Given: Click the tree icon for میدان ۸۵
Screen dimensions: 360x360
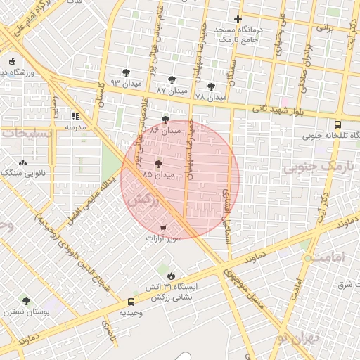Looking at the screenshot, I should pos(157,162).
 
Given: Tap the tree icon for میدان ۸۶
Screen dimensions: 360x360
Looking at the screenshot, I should pos(165,120).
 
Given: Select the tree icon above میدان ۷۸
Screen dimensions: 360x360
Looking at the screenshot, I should pos(211,86).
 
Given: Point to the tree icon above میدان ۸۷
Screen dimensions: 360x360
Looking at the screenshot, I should pos(172,80).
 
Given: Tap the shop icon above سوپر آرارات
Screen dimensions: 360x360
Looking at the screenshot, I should pos(163,228).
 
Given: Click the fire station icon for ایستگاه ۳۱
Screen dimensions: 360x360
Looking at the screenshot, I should pos(170,276).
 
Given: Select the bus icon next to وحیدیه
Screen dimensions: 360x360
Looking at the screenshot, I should pos(131,302).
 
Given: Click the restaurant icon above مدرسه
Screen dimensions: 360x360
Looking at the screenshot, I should pos(75,116).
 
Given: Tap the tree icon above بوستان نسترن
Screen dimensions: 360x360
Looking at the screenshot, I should pos(26,300).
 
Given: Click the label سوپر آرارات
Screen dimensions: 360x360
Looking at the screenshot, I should pos(163,239).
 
